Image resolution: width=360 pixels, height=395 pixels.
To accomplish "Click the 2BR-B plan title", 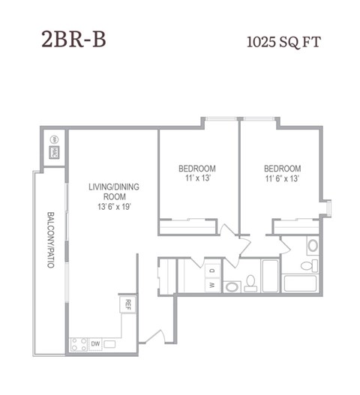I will [73, 40].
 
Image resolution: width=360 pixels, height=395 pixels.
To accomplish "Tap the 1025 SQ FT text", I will [283, 42].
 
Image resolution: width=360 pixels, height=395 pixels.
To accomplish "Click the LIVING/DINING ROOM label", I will [113, 192].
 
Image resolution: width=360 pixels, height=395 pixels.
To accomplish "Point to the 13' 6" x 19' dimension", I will [114, 206].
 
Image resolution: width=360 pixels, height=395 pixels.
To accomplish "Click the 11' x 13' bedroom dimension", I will [197, 179].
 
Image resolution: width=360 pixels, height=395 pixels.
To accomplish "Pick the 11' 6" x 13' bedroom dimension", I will [282, 179].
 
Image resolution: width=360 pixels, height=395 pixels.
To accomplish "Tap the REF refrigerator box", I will [127, 304].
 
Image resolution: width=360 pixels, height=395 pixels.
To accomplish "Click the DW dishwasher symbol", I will [95, 344].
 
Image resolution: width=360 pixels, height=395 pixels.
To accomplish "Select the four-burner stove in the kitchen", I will [78, 344].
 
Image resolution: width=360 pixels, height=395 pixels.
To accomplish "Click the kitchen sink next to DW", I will [110, 344].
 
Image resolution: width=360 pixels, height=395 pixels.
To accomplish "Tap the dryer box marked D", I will [212, 271].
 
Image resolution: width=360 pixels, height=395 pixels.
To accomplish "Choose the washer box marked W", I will [212, 285].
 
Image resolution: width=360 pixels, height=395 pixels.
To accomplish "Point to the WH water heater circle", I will [55, 139].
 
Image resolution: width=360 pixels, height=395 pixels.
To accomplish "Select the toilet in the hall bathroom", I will [250, 283].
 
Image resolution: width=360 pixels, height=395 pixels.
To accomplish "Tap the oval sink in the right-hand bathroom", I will [313, 245].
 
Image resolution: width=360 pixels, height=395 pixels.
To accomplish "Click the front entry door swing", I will [155, 340].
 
